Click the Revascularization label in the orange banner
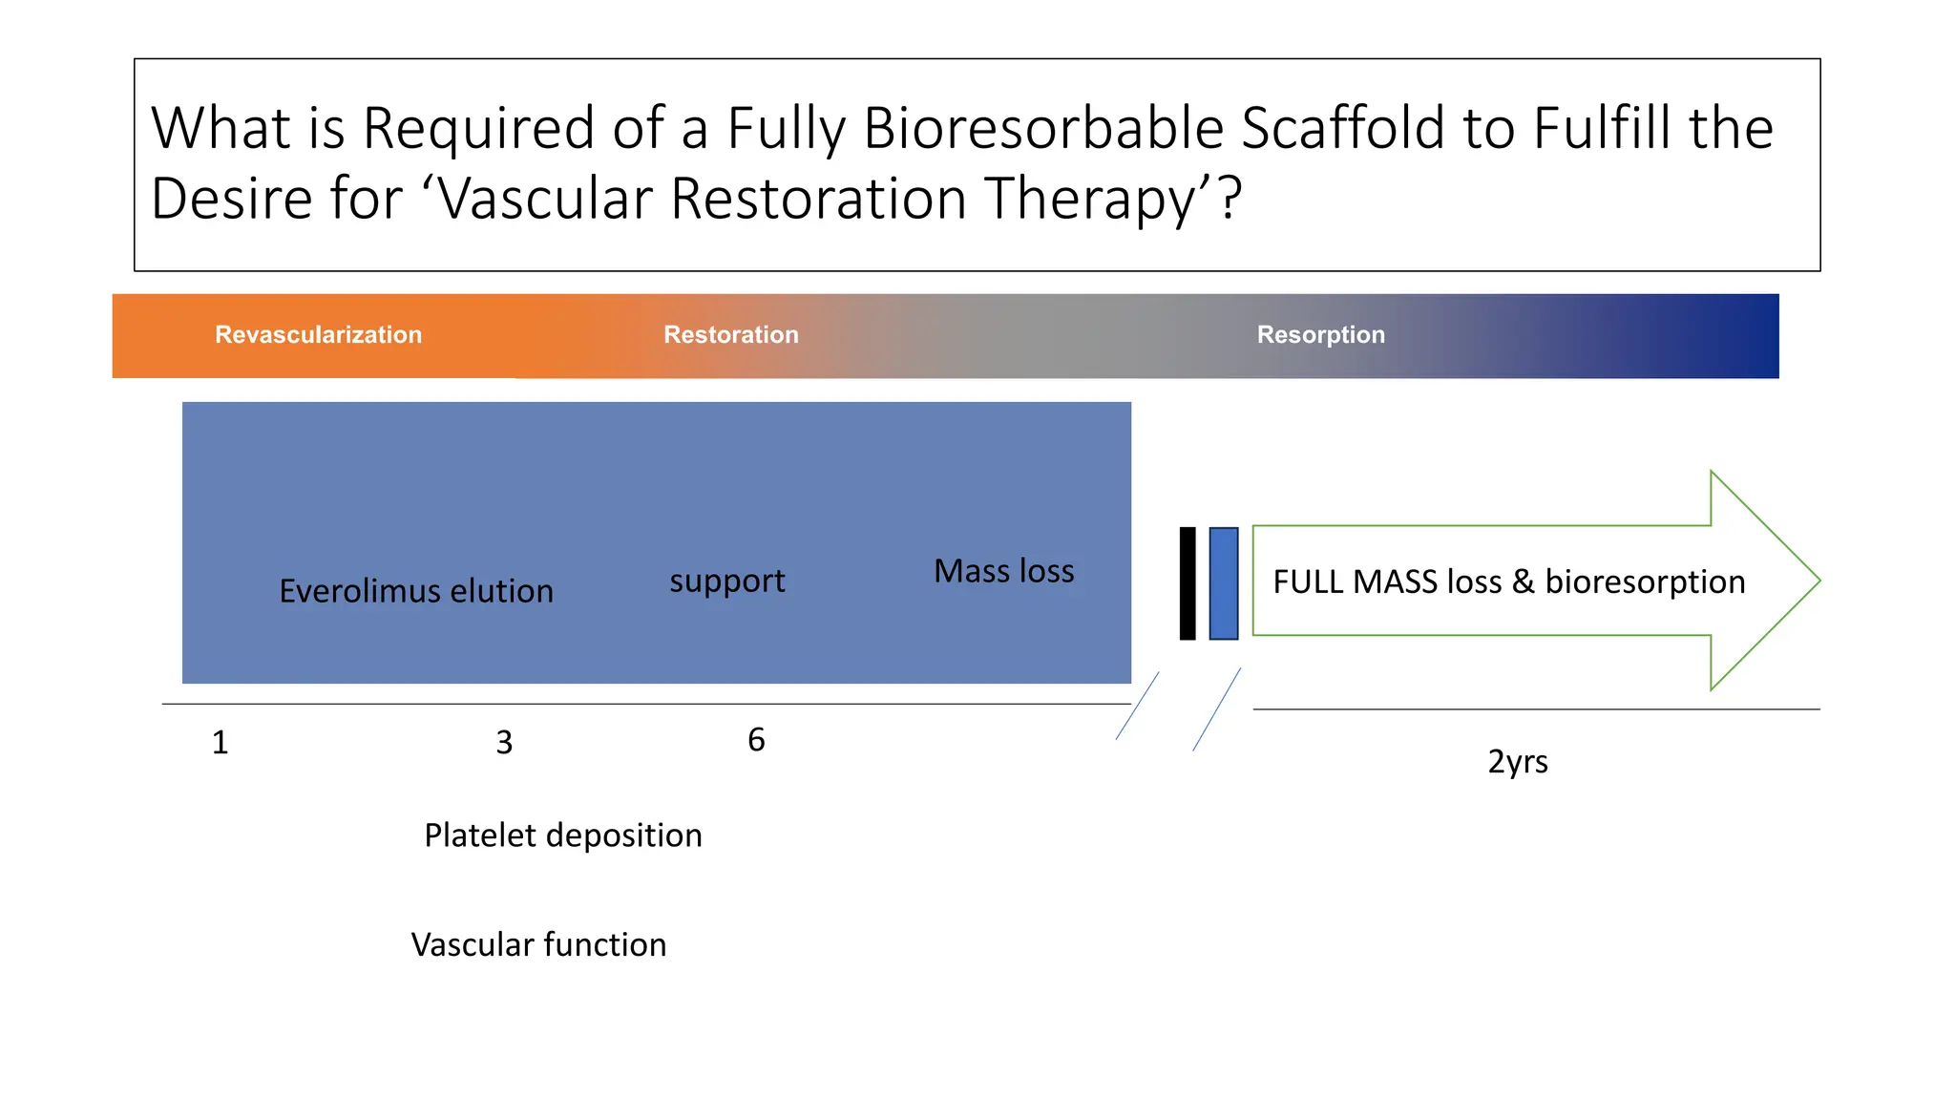(318, 335)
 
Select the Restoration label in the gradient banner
(730, 335)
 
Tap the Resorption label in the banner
(1320, 335)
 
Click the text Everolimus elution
(416, 591)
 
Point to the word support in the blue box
(726, 582)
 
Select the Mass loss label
(1003, 571)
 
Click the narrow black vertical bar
(1188, 582)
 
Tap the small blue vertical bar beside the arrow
(1223, 582)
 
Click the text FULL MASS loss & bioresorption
(1508, 582)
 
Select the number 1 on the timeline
(220, 743)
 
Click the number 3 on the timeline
(504, 743)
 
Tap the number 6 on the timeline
(756, 740)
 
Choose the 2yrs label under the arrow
(1517, 762)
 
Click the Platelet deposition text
(562, 836)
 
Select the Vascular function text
(538, 944)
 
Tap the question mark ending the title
(1230, 199)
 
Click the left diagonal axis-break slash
(1137, 706)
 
